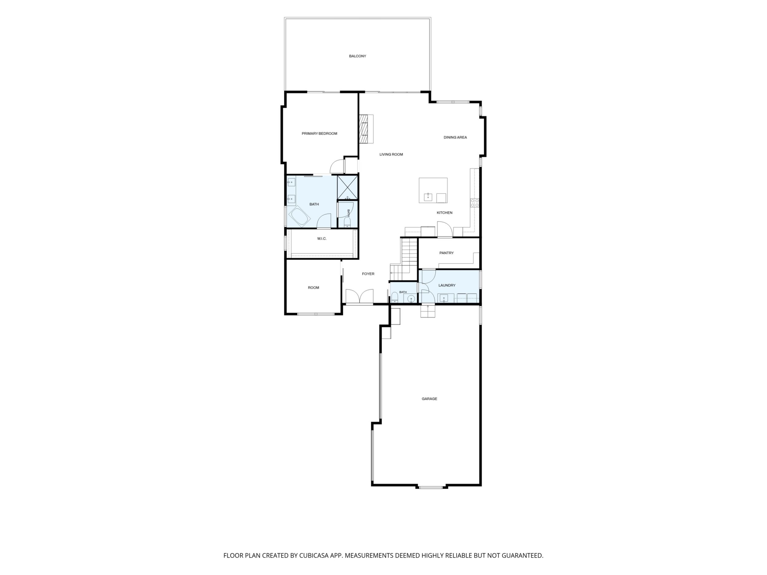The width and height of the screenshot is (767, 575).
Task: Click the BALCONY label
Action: coord(357,56)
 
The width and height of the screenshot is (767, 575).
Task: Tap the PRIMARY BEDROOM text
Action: coord(319,133)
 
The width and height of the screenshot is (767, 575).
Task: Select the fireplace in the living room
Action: coord(366,129)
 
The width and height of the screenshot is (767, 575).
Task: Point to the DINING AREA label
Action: coord(455,137)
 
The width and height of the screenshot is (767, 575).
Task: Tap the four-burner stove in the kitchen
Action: coord(475,203)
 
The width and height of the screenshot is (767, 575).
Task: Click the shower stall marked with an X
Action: coord(348,187)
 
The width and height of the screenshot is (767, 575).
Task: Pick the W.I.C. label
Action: coord(322,239)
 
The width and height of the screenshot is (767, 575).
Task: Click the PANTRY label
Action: coord(446,253)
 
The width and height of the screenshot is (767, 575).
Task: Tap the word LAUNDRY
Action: coord(447,285)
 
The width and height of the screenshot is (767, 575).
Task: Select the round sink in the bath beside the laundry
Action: coord(411,299)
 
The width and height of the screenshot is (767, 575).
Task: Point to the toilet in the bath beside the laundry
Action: coord(395,297)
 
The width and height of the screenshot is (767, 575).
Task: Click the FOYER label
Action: coord(368,274)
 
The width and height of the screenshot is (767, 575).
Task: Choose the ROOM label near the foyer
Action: coord(313,288)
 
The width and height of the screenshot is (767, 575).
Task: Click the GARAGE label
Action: coord(429,399)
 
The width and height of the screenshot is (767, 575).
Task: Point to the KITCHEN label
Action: coord(445,213)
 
